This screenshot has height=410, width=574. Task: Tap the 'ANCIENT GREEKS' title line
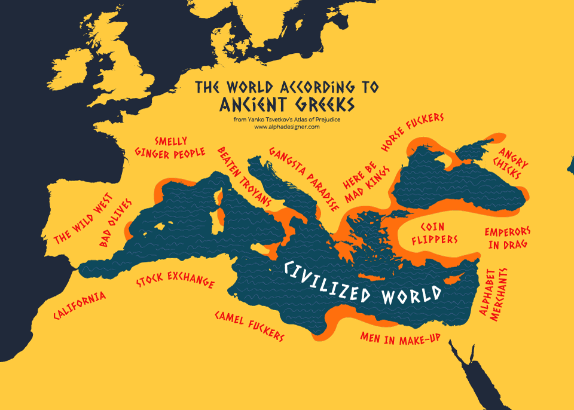click(x=287, y=103)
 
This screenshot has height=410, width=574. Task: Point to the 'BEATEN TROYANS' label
click(x=245, y=176)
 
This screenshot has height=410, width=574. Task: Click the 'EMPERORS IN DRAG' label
click(x=508, y=237)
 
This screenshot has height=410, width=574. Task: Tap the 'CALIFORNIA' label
click(x=80, y=305)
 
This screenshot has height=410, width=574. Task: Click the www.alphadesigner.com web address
click(x=287, y=127)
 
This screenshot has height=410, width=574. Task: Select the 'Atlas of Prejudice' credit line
click(x=287, y=120)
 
